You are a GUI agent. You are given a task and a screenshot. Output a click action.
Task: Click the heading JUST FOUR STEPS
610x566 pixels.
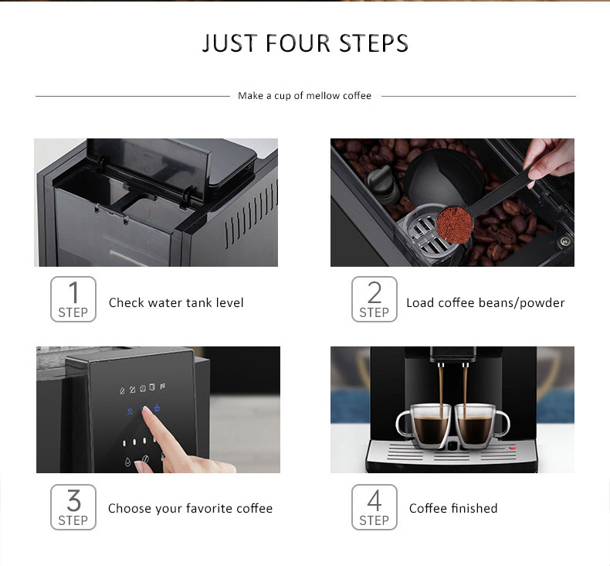(305, 43)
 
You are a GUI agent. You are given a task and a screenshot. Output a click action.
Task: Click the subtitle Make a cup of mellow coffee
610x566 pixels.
(304, 96)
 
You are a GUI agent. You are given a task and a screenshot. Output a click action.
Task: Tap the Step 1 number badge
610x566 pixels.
(73, 299)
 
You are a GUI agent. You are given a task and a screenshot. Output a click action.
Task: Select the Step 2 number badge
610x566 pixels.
(374, 299)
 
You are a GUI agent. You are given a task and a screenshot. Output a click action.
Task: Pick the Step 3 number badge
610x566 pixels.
(73, 507)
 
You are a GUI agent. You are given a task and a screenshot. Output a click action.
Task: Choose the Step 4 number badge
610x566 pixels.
(374, 507)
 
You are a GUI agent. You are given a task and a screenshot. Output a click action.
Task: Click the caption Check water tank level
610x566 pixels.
(176, 303)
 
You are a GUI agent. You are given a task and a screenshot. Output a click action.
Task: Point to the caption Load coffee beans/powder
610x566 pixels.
(485, 303)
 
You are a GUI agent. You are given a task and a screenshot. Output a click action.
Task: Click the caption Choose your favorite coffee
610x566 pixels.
(190, 509)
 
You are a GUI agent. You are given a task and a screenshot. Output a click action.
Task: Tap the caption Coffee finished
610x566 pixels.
(453, 509)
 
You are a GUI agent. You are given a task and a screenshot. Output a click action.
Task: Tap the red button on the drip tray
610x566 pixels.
(510, 448)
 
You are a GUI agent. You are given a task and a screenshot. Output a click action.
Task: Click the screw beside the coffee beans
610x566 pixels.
(564, 241)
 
